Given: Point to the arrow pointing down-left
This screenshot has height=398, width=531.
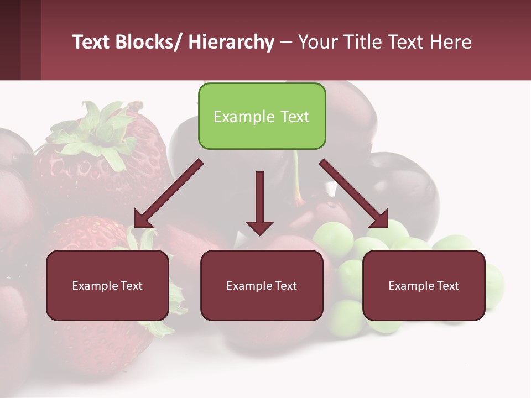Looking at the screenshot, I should (168, 193).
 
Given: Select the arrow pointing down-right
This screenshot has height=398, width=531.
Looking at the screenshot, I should (354, 193).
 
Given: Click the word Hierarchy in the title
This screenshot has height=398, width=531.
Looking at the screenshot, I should (231, 42).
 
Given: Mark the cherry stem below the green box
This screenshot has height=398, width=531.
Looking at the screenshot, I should (298, 177).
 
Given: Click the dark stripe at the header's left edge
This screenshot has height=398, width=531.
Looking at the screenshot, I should (10, 40).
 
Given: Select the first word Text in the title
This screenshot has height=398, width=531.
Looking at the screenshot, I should (92, 42).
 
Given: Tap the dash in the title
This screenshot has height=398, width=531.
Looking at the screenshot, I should (286, 43).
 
